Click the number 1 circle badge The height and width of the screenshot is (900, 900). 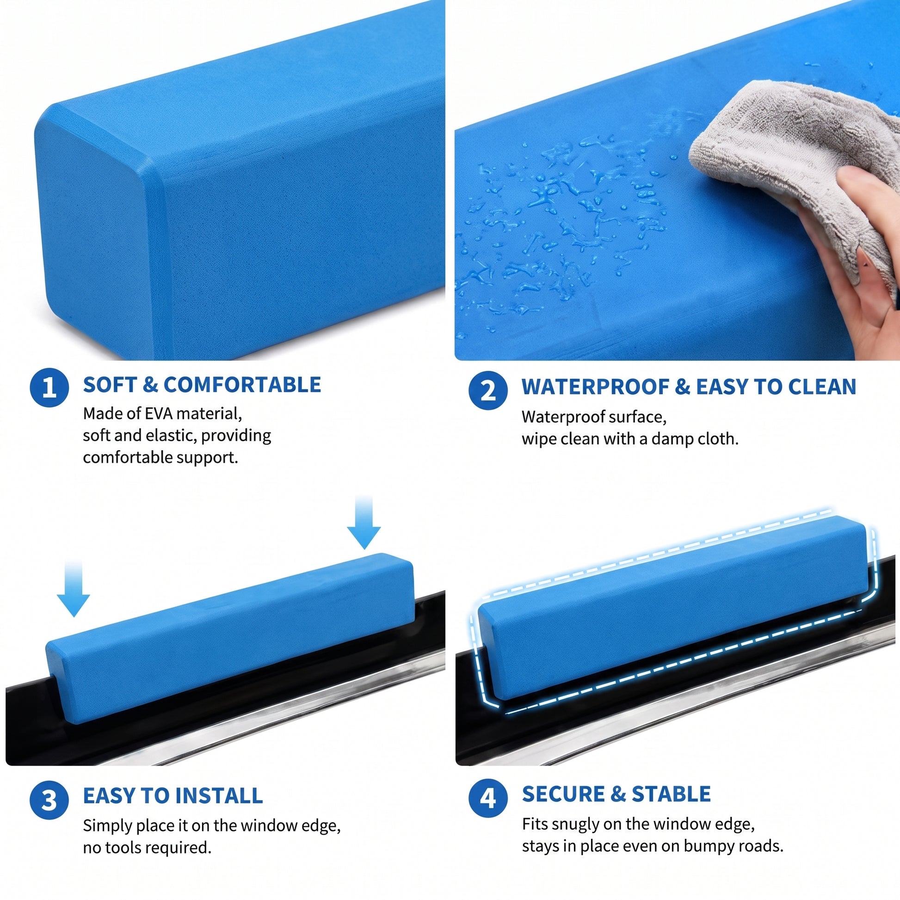(49, 387)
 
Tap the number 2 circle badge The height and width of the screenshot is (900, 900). (488, 390)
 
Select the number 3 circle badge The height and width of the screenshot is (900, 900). (49, 800)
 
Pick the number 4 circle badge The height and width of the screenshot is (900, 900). (488, 798)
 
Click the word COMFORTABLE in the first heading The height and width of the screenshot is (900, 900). (242, 385)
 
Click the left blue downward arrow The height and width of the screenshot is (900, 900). (74, 589)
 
